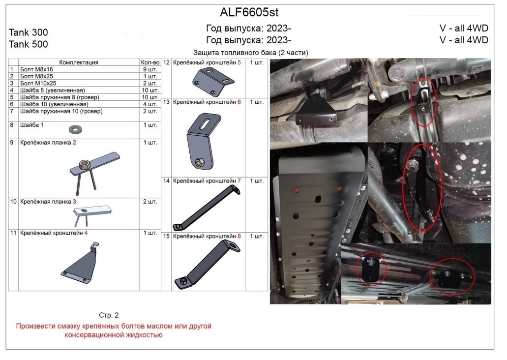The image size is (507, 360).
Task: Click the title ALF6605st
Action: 249,12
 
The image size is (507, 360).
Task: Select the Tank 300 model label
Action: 28,32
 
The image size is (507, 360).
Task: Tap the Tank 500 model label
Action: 28,44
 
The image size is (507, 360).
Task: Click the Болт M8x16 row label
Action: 36,69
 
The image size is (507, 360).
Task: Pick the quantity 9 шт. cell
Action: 149,69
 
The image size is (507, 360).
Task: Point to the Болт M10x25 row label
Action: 38,83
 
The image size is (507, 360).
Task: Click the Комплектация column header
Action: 79,62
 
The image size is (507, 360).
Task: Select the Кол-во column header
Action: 150,62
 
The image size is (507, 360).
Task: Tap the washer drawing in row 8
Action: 75,130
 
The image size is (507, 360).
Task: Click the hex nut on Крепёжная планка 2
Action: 85,165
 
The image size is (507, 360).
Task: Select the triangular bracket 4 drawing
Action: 80,262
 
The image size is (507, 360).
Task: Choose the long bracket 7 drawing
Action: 207,208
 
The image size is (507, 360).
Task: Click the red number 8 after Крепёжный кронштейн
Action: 239,236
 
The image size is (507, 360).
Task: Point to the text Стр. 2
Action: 109,315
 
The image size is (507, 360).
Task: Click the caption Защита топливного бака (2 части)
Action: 251,53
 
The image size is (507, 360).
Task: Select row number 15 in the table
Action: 166,236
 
